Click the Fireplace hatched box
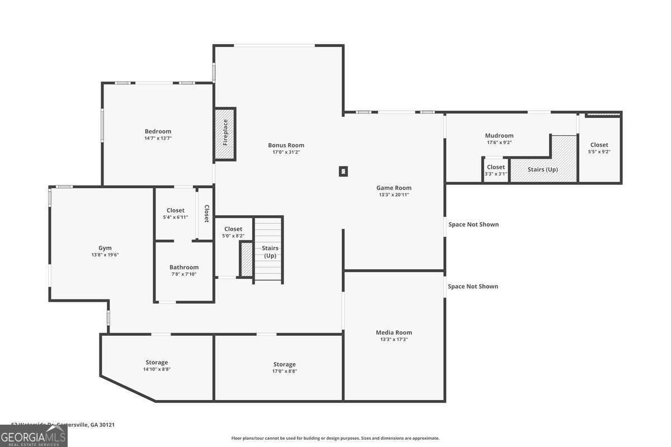tap(225, 134)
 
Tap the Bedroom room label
tap(158, 131)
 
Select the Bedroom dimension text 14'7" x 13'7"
tap(158, 138)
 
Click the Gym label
tap(105, 248)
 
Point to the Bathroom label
tap(185, 267)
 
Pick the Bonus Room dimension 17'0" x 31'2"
tap(286, 152)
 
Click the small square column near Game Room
tap(343, 172)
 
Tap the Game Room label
tap(394, 188)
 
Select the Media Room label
tap(394, 332)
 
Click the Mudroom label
tap(499, 135)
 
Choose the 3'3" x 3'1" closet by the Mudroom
tap(495, 170)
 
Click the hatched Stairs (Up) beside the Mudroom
tap(543, 169)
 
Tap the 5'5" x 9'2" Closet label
tap(599, 145)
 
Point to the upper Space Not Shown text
tap(473, 225)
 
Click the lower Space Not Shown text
tap(473, 287)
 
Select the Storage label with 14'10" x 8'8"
tap(157, 363)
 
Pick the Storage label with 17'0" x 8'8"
tap(285, 364)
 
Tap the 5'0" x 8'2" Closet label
tap(233, 229)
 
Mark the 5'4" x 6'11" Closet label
tap(176, 211)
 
